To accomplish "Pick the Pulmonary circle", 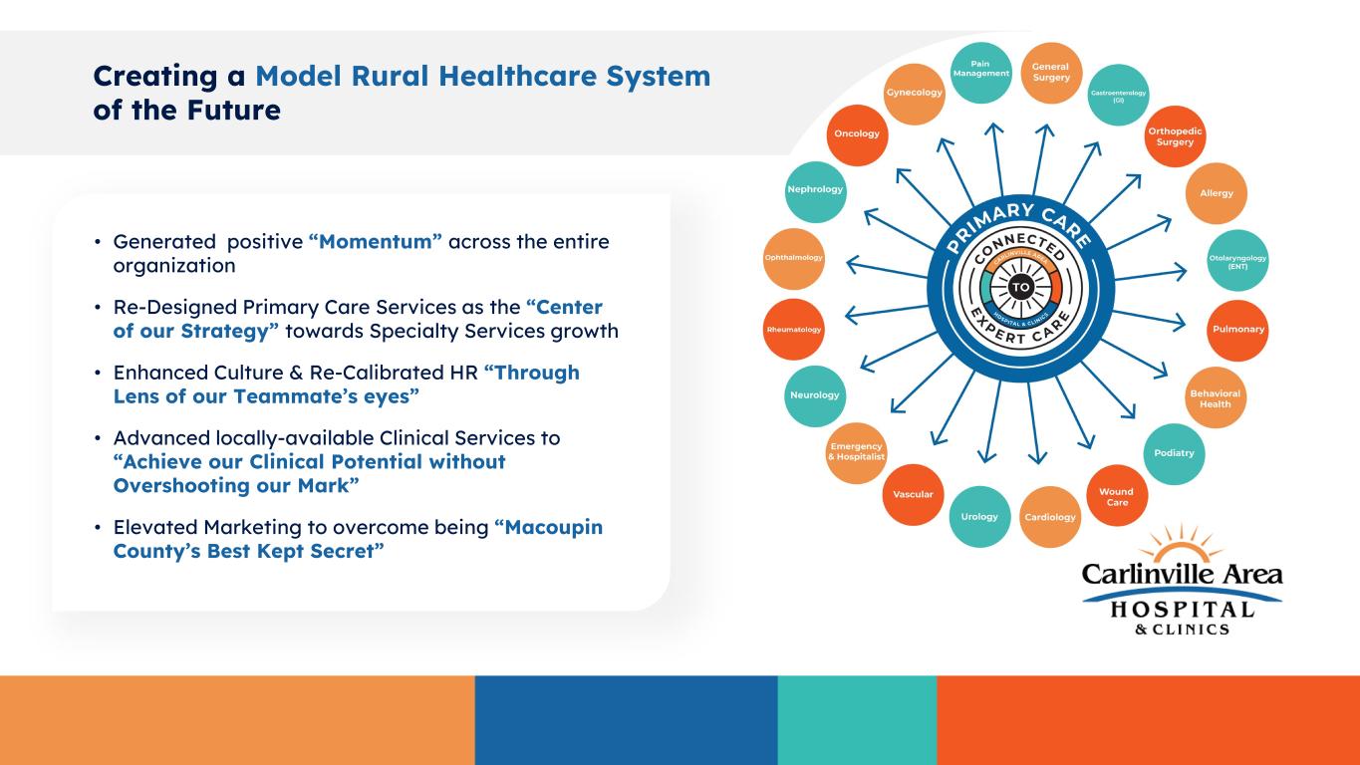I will click(1238, 330).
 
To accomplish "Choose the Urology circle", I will click(979, 517).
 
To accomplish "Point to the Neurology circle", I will click(815, 394).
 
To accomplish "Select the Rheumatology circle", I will click(794, 330).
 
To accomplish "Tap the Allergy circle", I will click(1217, 192).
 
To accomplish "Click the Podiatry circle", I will click(1174, 453).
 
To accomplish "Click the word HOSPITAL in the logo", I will click(1182, 609).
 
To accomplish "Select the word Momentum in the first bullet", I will click(376, 242).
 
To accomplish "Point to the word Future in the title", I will click(225, 110).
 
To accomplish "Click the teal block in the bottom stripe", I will click(857, 720).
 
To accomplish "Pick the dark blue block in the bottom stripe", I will click(626, 720).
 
